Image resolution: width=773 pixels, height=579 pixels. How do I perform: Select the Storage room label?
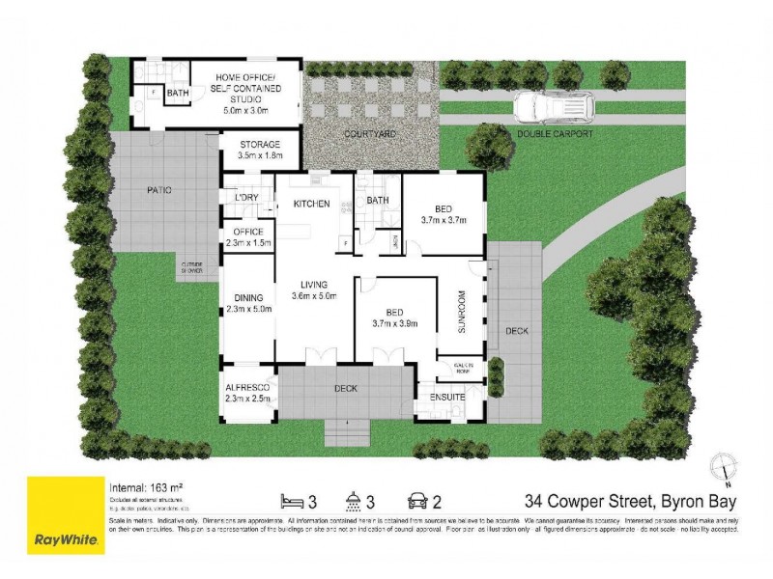click(x=260, y=144)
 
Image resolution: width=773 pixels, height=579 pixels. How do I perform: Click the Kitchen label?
click(x=312, y=204)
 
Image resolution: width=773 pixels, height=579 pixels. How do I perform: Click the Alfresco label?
click(x=248, y=386)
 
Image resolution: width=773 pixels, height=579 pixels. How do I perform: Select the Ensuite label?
click(x=450, y=397)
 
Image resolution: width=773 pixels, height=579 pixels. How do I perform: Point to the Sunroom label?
click(x=462, y=311)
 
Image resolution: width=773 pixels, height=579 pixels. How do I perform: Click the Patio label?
click(x=160, y=190)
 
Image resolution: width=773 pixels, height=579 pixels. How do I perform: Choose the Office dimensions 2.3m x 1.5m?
click(x=249, y=243)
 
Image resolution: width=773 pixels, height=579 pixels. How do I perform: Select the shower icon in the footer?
click(x=356, y=501)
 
